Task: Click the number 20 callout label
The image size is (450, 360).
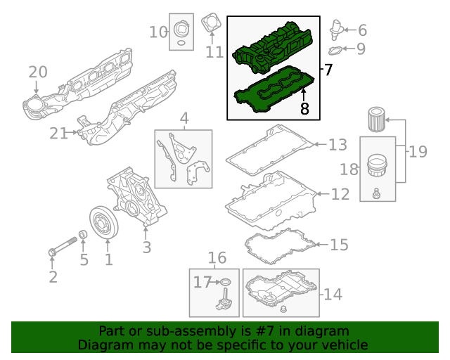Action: (x=37, y=72)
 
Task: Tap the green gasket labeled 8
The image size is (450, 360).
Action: (x=271, y=92)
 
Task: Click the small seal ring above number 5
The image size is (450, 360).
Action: (x=83, y=234)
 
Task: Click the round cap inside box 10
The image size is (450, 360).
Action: (x=181, y=32)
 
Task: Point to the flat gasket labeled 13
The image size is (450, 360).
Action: (x=271, y=151)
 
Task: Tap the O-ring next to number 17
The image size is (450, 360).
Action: (x=224, y=283)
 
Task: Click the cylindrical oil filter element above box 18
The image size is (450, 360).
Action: (x=377, y=120)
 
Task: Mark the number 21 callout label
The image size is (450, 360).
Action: (x=60, y=134)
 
